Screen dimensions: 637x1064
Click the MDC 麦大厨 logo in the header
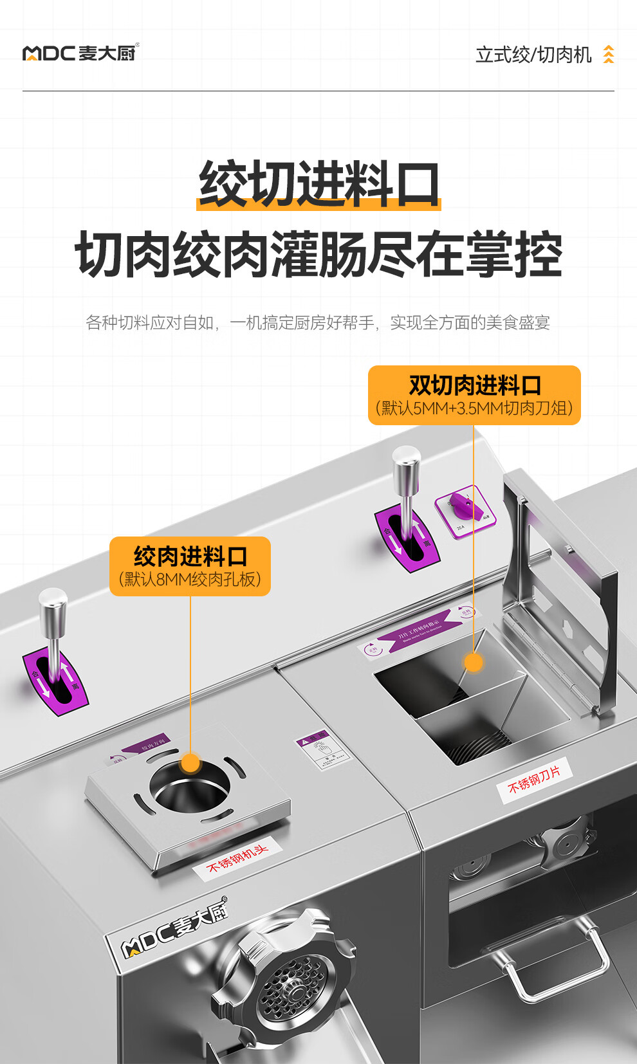pos(80,53)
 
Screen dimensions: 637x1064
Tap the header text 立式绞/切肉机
pos(533,55)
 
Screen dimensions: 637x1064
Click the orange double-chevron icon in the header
pos(608,55)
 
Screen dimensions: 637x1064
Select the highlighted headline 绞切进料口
pos(318,185)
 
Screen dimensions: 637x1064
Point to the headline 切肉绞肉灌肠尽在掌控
pos(318,255)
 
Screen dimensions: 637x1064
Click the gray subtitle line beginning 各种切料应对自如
pos(318,322)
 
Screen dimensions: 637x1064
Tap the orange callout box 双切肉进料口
pos(474,395)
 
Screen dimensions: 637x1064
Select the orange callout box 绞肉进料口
pos(190,566)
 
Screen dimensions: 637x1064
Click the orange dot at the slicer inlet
pos(474,662)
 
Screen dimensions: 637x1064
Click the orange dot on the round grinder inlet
pos(190,763)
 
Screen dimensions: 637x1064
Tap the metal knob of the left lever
pos(53,603)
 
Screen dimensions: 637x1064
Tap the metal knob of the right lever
pos(407,462)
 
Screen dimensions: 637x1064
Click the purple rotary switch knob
pos(463,506)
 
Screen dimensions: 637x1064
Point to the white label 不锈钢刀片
pos(534,780)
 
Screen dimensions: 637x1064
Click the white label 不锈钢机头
pos(237,858)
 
